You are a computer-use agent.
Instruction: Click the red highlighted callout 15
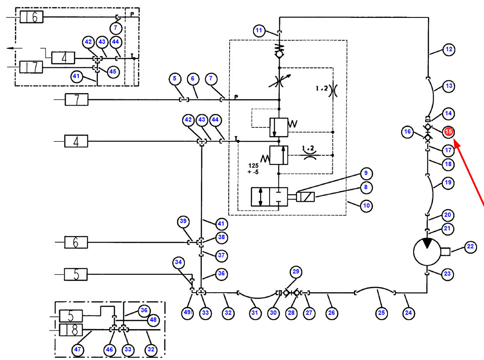pos(448,132)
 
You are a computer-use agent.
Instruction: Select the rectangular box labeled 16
pos(31,17)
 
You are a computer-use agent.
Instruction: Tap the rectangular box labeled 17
pos(31,67)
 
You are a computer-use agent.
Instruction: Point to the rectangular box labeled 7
pos(77,100)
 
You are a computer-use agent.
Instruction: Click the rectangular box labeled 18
pos(71,330)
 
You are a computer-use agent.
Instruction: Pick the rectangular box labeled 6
pos(76,242)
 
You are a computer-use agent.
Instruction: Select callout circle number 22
pos(471,247)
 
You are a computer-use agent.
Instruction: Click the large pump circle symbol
pos(427,252)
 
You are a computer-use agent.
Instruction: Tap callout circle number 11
pos(259,30)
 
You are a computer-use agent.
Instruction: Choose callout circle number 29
pos(296,272)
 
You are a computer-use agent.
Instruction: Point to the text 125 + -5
pos(253,169)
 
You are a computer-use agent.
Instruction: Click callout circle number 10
pos(367,206)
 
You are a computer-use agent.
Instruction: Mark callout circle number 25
pos(381,313)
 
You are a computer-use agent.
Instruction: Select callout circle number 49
pos(187,313)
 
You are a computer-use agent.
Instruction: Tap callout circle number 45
pos(113,72)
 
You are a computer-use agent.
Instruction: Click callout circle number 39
pos(184,221)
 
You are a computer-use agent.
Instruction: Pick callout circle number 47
pos(77,350)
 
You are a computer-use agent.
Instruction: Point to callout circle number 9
pos(366,173)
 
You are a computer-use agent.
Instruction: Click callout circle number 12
pos(449,50)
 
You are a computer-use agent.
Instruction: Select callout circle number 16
pos(407,132)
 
